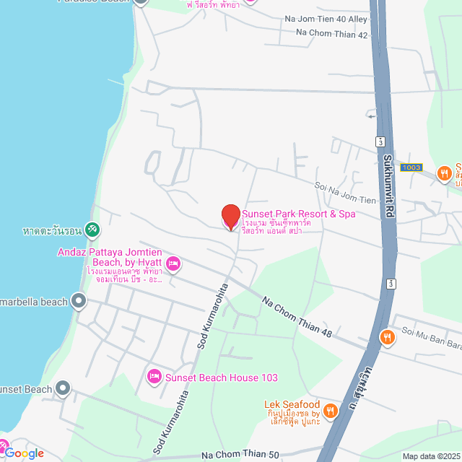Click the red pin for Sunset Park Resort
point(230,217)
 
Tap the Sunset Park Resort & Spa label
point(298,214)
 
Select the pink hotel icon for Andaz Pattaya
point(173,266)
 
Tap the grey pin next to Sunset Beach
point(63,389)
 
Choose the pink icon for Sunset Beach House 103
point(154,377)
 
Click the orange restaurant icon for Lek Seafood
point(331,410)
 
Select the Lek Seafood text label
point(292,404)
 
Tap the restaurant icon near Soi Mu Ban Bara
point(388,336)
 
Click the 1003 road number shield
point(411,167)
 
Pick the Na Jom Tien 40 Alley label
point(326,17)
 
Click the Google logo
point(24,453)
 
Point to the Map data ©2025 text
point(431,456)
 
